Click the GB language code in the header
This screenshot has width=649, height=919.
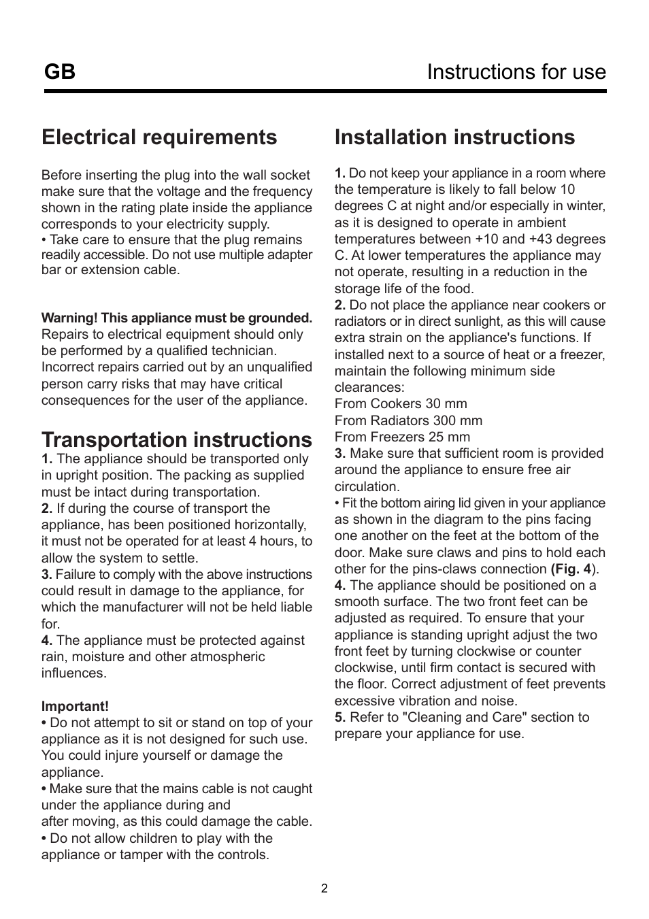[60, 71]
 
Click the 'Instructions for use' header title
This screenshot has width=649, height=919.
[516, 71]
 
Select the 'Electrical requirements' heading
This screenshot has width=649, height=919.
[159, 137]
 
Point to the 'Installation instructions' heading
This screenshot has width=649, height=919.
[454, 137]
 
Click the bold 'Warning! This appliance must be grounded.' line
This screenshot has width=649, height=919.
[177, 318]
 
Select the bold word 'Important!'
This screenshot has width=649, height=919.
[75, 707]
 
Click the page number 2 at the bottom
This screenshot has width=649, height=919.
[324, 888]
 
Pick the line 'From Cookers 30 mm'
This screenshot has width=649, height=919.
[401, 403]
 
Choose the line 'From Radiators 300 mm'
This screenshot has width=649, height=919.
[408, 420]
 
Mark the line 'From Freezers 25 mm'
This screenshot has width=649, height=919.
[402, 437]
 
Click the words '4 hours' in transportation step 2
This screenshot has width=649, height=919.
[276, 541]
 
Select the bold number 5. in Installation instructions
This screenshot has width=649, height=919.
[340, 717]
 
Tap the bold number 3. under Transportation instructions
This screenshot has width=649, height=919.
[47, 575]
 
